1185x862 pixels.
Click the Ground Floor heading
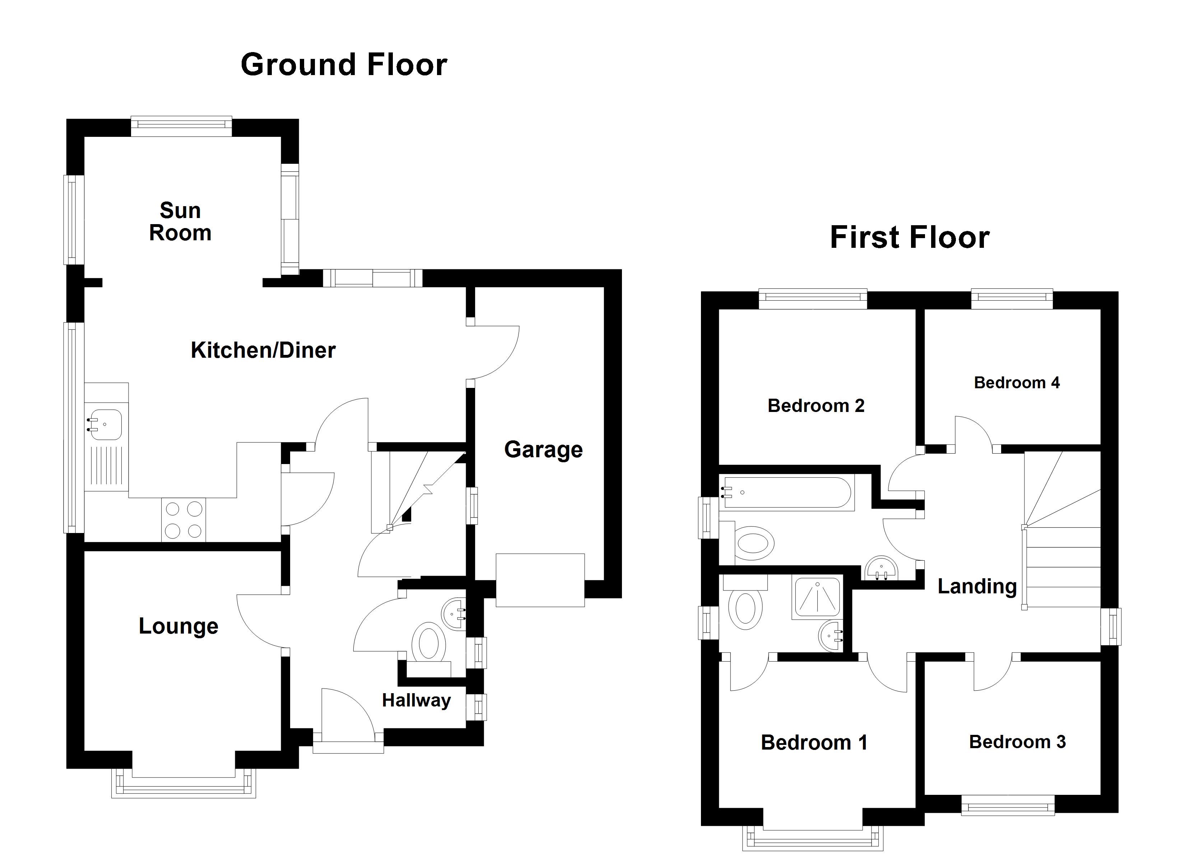344,65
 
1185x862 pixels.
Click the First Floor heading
909,237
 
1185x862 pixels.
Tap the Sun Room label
180,222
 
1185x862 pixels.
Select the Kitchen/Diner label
263,350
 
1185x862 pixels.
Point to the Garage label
543,450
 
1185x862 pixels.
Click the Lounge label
178,626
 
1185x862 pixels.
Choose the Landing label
977,587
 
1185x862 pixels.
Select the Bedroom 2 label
815,405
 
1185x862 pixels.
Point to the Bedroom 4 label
1017,383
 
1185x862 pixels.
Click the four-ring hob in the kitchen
183,520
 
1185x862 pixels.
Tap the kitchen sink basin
106,425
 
